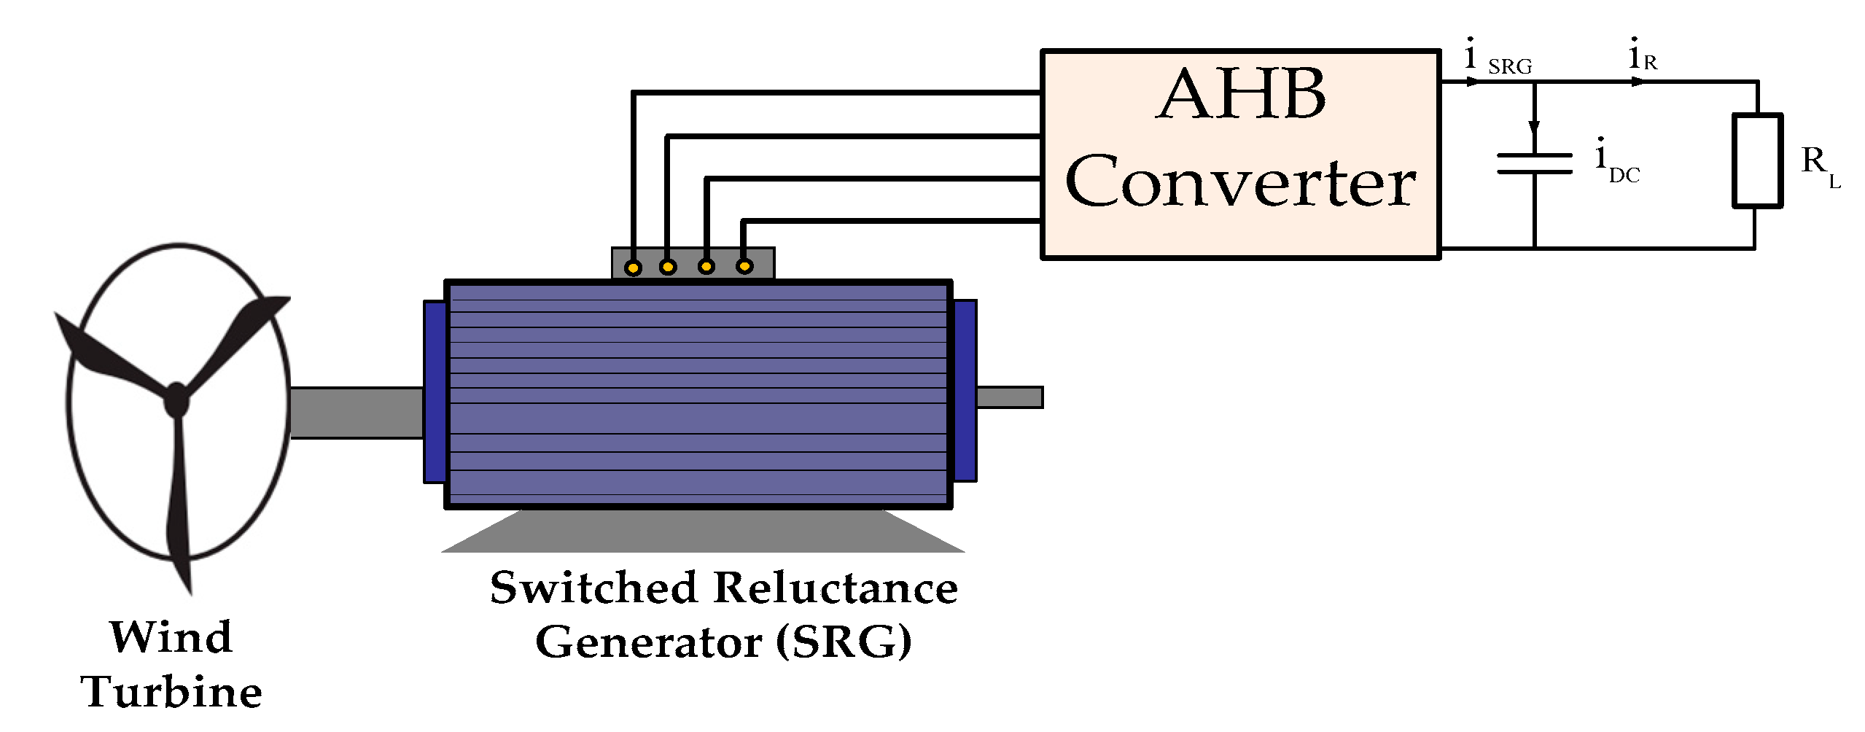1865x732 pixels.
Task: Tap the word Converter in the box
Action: click(x=1239, y=182)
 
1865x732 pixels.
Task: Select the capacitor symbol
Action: click(x=1534, y=163)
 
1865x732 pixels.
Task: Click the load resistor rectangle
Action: click(x=1757, y=160)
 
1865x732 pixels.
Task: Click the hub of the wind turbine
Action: click(x=176, y=400)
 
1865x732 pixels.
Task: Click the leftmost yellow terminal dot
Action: click(x=634, y=268)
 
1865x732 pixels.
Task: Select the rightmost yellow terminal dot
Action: click(x=744, y=267)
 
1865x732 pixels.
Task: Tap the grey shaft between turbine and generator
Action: click(x=357, y=413)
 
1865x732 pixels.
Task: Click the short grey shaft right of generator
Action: click(x=1009, y=397)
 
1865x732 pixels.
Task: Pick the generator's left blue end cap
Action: click(x=435, y=392)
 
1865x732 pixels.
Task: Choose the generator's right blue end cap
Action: click(x=965, y=391)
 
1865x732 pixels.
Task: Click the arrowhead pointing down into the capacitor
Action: click(x=1534, y=130)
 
